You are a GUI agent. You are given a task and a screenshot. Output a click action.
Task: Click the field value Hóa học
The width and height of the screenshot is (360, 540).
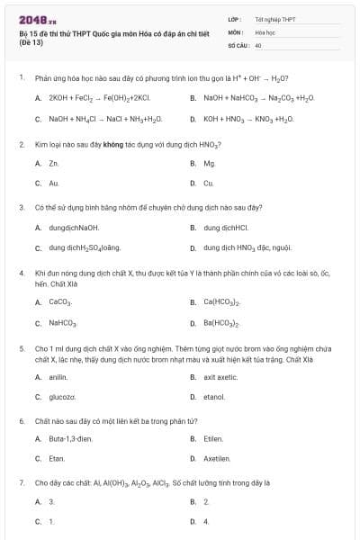tap(265, 31)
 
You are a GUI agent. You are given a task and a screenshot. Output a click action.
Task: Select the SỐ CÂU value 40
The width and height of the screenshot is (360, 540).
tap(258, 44)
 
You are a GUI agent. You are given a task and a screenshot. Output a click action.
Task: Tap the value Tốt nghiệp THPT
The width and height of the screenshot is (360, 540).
tap(274, 19)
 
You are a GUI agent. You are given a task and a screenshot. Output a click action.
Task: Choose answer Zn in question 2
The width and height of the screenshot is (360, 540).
tap(54, 164)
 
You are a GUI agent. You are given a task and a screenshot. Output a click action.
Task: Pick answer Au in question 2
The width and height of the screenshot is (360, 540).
tap(54, 183)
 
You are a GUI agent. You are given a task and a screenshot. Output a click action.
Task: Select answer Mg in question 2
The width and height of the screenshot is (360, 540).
tap(209, 164)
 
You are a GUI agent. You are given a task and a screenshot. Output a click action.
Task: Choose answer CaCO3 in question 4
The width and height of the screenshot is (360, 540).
tap(60, 302)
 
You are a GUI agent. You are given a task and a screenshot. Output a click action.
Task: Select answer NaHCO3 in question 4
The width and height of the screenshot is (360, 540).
tap(62, 322)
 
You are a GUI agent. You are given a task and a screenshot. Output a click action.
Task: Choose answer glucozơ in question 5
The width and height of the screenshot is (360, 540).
tap(62, 397)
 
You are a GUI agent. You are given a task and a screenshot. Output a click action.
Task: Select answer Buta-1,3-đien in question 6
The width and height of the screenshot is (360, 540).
tap(70, 439)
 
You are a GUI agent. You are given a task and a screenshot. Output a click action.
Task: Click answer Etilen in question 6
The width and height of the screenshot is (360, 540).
tap(213, 439)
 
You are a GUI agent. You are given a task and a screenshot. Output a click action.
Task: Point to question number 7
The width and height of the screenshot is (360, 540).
tap(21, 482)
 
